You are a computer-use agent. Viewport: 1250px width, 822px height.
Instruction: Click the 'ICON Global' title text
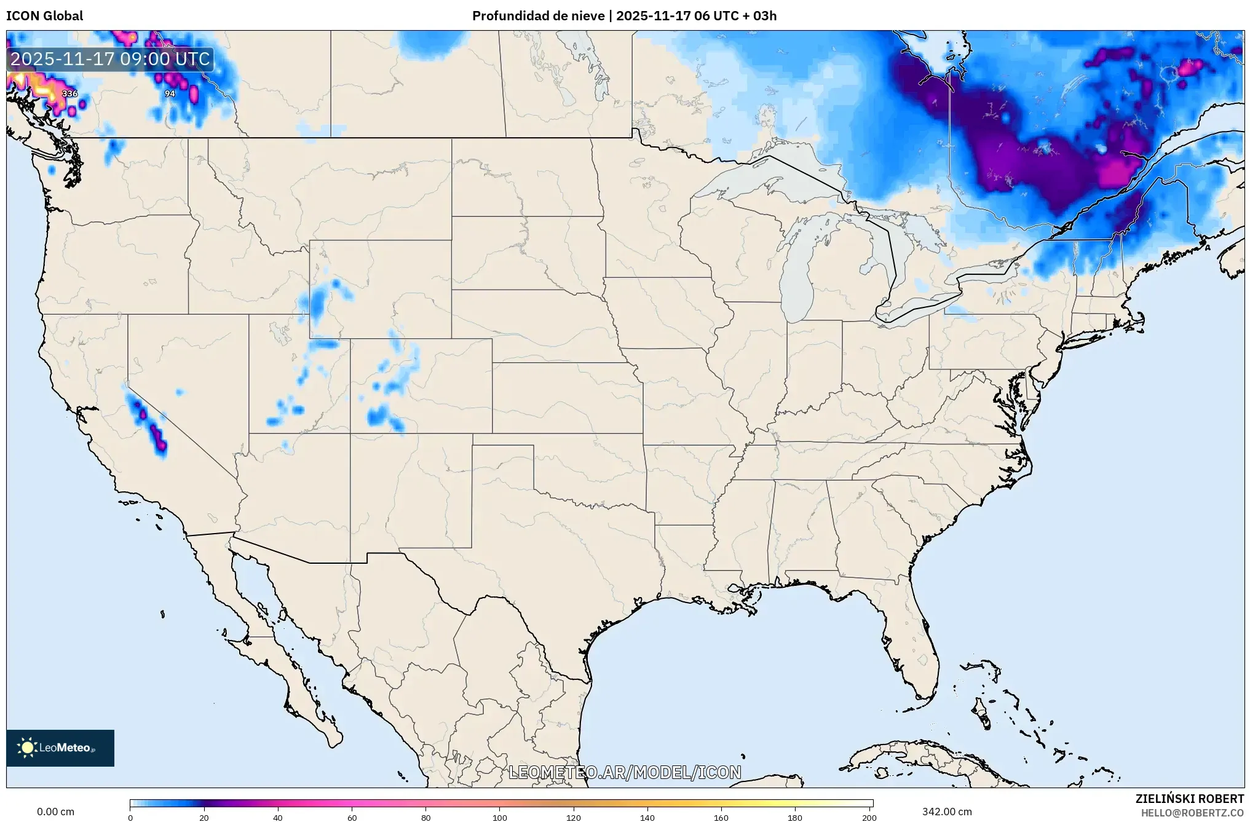point(44,15)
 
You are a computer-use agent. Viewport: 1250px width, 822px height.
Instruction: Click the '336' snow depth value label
point(70,93)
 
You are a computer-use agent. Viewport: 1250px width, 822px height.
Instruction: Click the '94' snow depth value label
point(170,93)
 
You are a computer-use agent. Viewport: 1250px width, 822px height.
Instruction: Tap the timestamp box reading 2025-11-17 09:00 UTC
point(111,59)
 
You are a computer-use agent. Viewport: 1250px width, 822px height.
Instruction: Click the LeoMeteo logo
point(60,748)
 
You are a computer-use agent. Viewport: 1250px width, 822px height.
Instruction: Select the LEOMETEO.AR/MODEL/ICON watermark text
point(625,772)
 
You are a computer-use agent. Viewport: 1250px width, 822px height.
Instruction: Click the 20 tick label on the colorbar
point(204,818)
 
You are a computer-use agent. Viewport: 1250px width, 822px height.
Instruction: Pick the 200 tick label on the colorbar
point(869,818)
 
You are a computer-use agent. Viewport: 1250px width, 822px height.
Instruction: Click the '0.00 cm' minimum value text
point(55,812)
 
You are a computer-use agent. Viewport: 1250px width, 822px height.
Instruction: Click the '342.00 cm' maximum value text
point(947,812)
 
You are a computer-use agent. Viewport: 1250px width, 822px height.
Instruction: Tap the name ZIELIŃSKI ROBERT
point(1189,799)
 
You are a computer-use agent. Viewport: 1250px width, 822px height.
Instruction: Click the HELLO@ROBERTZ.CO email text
point(1192,813)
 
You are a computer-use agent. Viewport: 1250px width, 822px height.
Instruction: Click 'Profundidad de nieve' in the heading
point(538,15)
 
